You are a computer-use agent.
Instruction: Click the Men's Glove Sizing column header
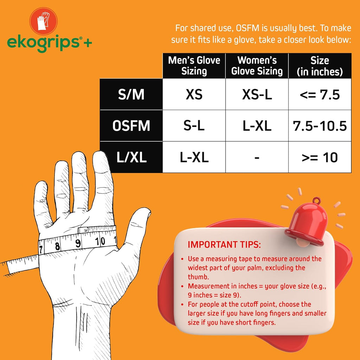click(x=194, y=65)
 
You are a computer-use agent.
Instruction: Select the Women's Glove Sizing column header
click(x=257, y=65)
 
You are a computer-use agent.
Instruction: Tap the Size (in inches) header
click(x=320, y=65)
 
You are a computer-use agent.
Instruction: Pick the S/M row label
click(x=131, y=94)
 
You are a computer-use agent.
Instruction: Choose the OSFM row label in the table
click(x=131, y=126)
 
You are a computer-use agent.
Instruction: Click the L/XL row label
click(x=131, y=157)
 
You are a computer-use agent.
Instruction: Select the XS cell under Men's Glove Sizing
click(x=194, y=94)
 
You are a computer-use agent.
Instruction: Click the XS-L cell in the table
click(x=257, y=94)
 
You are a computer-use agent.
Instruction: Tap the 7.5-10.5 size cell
click(x=320, y=126)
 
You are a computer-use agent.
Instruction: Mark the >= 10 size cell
click(x=320, y=157)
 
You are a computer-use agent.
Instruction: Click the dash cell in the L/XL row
click(x=257, y=158)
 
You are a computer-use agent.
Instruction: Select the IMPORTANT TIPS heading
click(x=224, y=244)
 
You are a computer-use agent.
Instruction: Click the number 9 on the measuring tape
click(x=78, y=243)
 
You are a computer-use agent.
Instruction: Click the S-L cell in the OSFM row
click(x=194, y=126)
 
